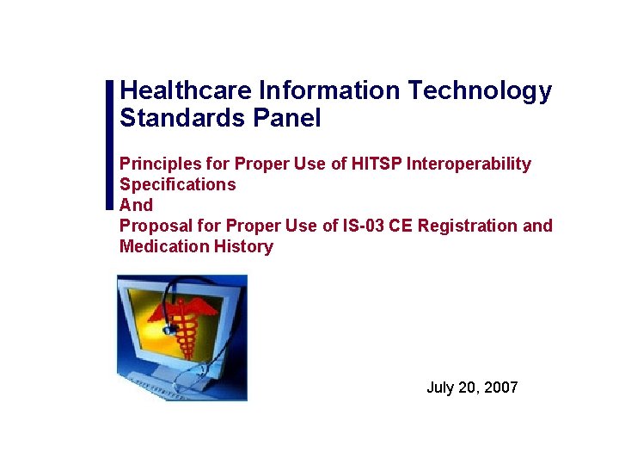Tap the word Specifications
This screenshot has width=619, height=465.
177,184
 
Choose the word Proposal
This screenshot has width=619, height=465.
153,226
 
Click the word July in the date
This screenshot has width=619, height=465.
440,387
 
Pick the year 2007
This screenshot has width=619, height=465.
501,387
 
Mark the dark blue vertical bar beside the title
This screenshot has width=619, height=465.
109,144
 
